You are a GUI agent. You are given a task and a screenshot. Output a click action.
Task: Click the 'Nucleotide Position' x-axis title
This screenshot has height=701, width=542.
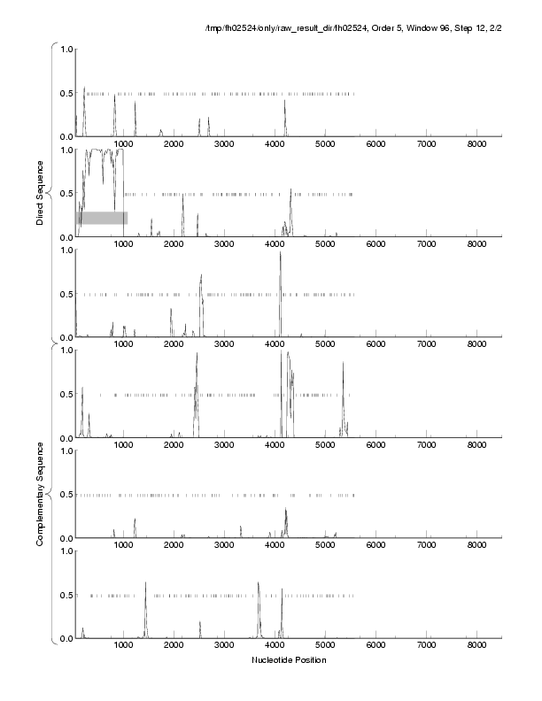(288, 660)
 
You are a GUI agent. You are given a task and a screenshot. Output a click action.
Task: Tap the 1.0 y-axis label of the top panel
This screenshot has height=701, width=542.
(65, 49)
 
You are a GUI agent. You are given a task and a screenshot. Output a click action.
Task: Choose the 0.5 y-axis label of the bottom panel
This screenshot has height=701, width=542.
(65, 595)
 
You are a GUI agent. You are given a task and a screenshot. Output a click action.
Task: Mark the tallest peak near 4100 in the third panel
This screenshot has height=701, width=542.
(280, 253)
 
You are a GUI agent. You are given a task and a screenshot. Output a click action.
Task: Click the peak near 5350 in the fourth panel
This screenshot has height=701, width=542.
(343, 363)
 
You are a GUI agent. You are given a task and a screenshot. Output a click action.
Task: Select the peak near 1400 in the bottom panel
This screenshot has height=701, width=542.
(145, 582)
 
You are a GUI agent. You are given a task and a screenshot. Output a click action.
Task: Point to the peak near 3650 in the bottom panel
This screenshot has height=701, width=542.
(258, 582)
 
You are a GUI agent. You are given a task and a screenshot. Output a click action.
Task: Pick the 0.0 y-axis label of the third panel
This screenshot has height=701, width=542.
(65, 337)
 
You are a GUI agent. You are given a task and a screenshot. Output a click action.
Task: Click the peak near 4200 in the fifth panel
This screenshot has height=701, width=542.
(285, 510)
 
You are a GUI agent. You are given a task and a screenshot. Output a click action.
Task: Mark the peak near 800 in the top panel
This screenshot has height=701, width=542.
(114, 96)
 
